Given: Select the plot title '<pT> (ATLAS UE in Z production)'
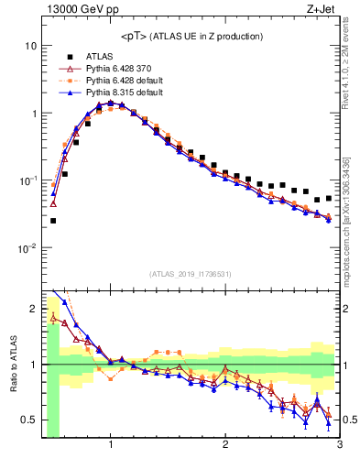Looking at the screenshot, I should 191,37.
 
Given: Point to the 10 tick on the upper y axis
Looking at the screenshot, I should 30,46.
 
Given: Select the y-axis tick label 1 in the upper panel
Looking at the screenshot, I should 33,114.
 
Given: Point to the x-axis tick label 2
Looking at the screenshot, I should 224,446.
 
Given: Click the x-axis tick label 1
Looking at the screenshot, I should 111,446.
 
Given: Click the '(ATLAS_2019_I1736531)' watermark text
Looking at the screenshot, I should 191,274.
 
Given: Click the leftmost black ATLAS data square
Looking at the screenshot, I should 53,221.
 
